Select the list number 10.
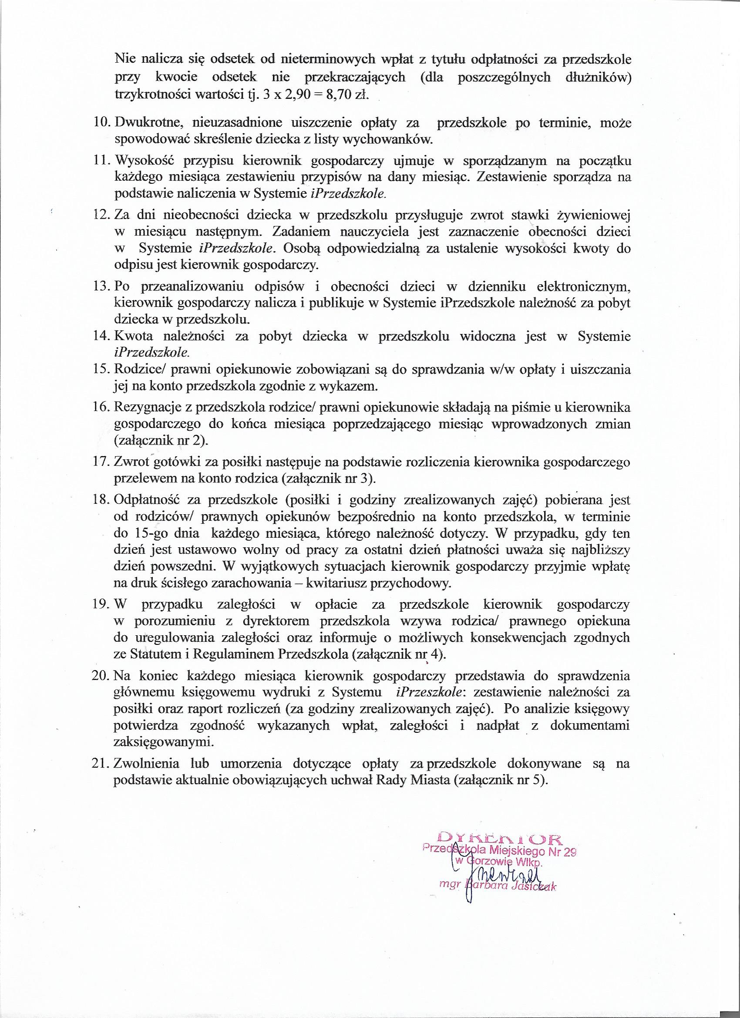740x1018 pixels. [104, 122]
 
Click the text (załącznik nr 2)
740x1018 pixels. [161, 441]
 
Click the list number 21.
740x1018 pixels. [104, 764]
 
